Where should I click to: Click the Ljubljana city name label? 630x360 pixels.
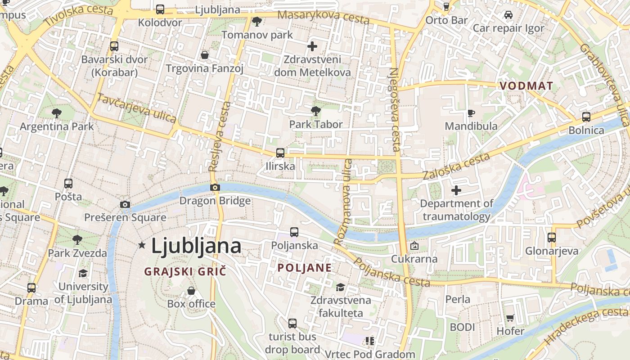196,246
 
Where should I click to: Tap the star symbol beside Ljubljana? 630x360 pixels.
142,245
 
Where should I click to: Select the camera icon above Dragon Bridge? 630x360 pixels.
215,187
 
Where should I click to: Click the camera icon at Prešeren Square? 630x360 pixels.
125,205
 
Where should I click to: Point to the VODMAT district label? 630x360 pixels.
526,86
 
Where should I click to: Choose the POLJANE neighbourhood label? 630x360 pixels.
305,268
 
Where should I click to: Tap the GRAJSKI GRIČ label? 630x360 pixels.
185,271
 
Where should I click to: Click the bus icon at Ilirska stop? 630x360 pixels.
280,153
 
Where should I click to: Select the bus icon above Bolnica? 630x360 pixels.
586,117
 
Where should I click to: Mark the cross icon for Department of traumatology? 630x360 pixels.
456,190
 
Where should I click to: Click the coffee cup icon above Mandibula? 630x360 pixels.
471,112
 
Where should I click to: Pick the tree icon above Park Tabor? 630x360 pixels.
316,111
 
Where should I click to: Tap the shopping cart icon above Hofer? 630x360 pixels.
510,318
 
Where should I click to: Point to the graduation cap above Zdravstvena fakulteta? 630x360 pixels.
341,287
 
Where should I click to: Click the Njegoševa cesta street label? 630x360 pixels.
395,109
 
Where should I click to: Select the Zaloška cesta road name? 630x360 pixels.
456,166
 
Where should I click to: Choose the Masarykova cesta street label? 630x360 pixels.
323,17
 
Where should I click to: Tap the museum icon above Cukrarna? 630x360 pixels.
414,246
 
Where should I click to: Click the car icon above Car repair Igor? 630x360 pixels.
508,15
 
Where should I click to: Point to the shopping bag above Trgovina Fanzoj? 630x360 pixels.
205,55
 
